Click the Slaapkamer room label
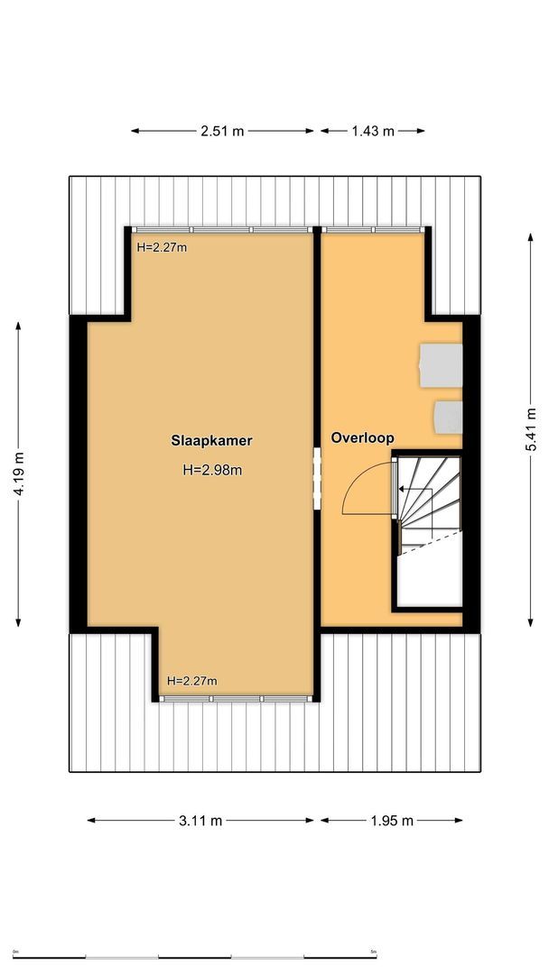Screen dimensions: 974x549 [211, 441]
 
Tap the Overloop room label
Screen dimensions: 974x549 [362, 438]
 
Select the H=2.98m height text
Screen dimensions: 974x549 [212, 469]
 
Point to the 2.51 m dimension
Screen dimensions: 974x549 [222, 131]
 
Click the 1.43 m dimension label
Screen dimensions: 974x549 [372, 131]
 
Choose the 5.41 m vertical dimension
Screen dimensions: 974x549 [533, 429]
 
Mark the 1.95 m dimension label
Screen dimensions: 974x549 [391, 821]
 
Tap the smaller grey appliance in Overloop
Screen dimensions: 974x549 [448, 417]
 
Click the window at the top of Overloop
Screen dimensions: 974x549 [373, 229]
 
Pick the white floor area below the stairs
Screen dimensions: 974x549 [430, 577]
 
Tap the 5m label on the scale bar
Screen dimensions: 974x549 [373, 949]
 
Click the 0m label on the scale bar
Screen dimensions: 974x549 [15, 949]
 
